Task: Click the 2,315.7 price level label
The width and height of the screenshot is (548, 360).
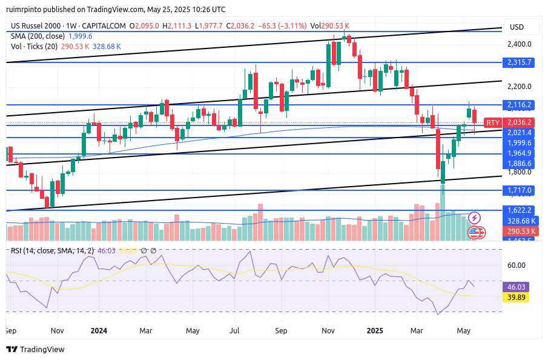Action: (521, 62)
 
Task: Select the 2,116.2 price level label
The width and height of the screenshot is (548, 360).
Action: (521, 105)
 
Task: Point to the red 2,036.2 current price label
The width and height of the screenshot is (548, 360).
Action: (521, 122)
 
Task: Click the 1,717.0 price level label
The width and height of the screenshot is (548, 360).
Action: (521, 190)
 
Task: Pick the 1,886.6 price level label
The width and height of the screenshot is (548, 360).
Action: (521, 164)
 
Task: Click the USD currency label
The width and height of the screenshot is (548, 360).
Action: (517, 27)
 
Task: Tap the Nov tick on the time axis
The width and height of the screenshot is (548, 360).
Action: (57, 331)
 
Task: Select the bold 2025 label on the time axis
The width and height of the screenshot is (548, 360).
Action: (375, 331)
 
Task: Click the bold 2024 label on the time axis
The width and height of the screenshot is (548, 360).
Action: (99, 331)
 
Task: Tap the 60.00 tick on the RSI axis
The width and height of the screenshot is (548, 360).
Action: (517, 265)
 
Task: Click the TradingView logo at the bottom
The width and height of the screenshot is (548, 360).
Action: (35, 349)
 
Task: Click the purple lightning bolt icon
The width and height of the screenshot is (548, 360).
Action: (475, 217)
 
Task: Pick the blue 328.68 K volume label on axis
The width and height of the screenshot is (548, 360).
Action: (521, 221)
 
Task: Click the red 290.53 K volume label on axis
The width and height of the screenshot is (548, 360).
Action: (521, 232)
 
